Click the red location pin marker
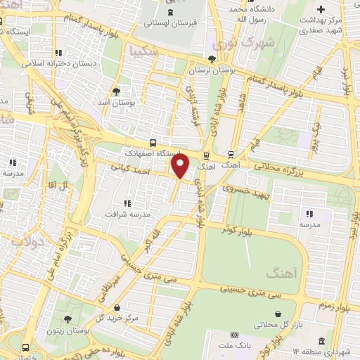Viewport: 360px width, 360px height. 181,166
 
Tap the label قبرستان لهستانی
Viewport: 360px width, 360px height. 169,22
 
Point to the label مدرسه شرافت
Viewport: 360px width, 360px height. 127,213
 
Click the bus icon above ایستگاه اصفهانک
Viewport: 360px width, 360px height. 153,143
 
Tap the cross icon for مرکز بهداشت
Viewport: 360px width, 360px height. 321,9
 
